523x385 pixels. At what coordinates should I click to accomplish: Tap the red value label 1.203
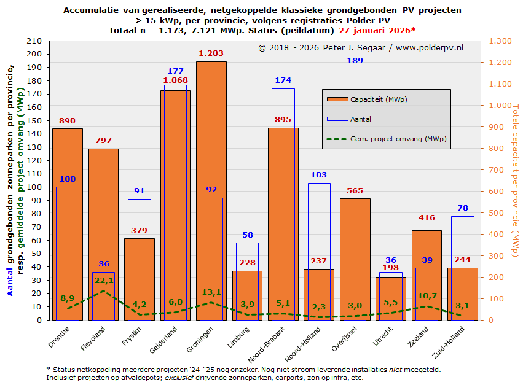point(211,54)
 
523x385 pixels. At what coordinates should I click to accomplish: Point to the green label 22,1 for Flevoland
point(103,281)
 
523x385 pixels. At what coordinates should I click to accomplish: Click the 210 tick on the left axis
point(36,41)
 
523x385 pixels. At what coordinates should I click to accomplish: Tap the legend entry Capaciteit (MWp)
point(379,99)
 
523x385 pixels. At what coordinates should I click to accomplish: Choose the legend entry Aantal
point(361,119)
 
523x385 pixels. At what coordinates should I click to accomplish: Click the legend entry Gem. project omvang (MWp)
point(398,139)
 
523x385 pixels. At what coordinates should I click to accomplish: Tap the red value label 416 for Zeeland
point(427,218)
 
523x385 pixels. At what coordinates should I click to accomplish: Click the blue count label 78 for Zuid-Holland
point(462,208)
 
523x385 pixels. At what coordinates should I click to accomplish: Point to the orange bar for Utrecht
point(391,298)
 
